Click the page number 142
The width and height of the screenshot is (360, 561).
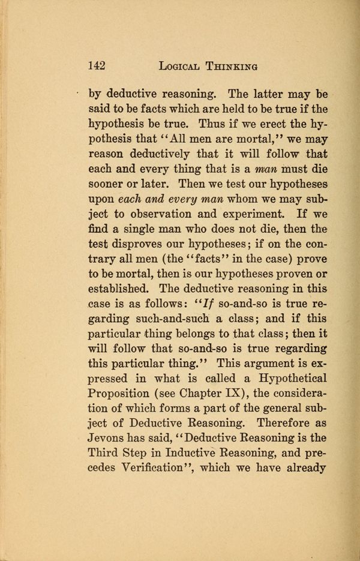point(97,65)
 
